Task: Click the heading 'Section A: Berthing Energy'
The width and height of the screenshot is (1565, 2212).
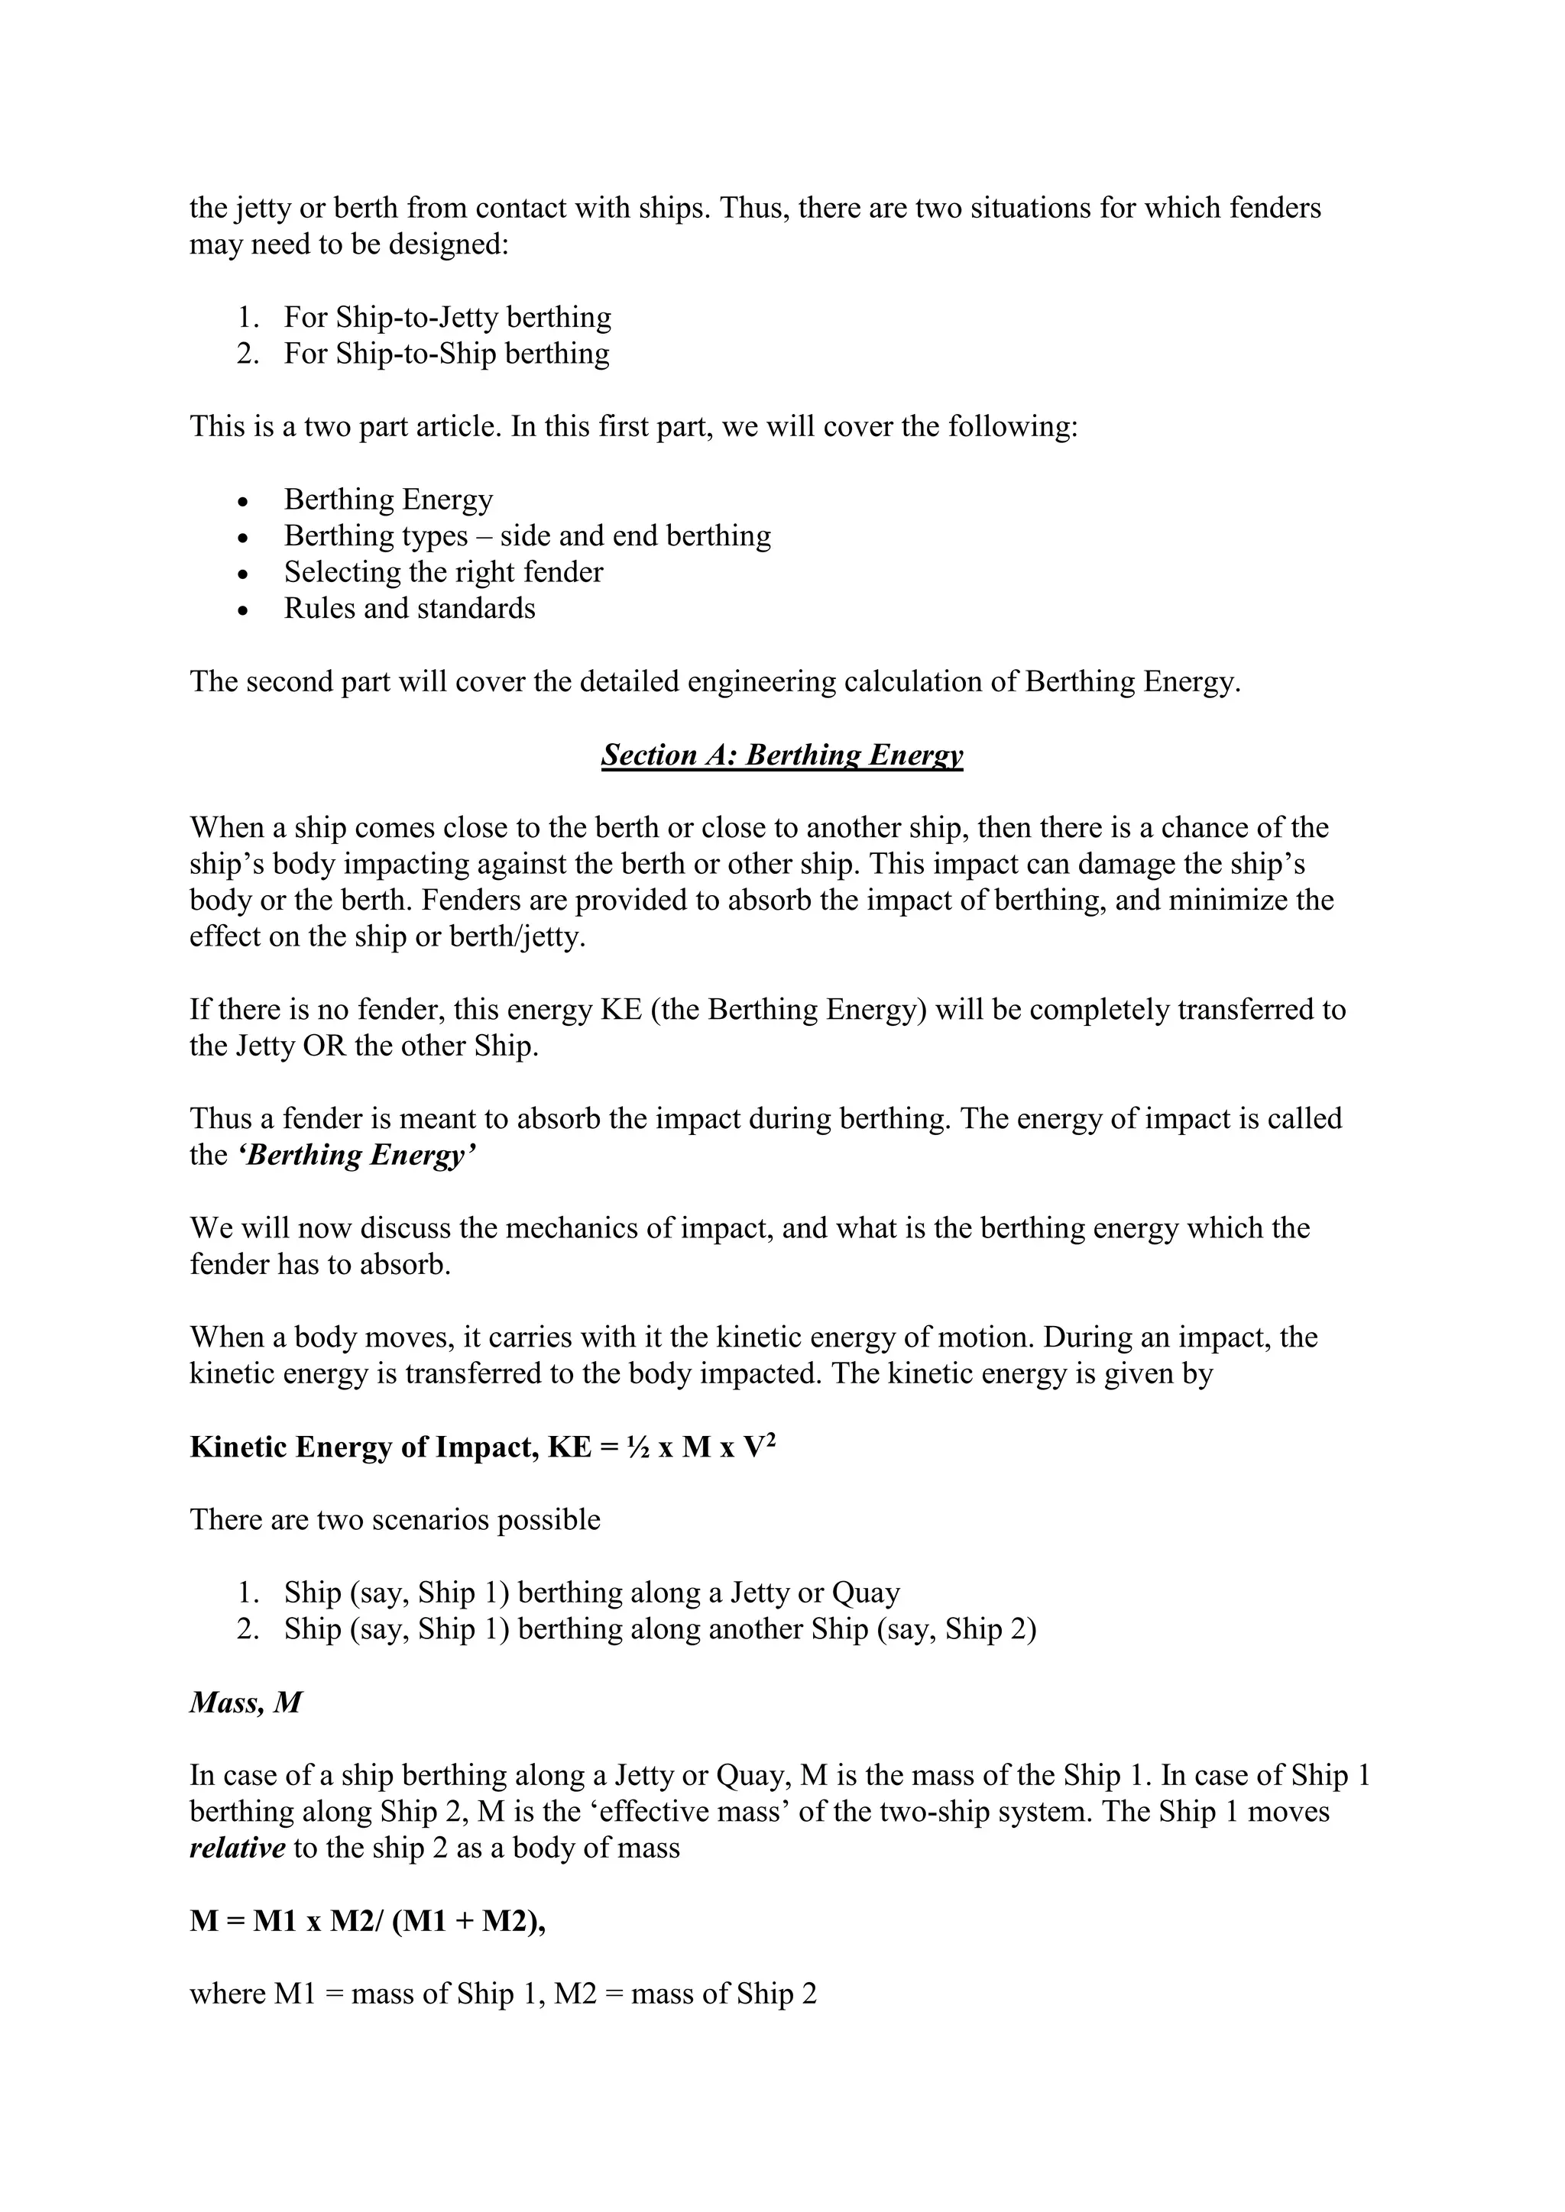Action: click(782, 755)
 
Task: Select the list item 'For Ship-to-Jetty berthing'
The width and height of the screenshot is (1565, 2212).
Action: click(447, 317)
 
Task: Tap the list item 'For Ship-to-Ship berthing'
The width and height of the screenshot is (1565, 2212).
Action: click(446, 354)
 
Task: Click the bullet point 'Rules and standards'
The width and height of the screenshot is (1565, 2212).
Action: click(410, 609)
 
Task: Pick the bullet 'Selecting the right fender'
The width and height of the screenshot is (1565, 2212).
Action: click(443, 572)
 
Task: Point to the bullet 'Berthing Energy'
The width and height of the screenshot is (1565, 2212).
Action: click(388, 499)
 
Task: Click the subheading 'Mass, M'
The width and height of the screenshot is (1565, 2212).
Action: click(246, 1703)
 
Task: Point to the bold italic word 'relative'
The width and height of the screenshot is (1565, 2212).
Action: click(237, 1848)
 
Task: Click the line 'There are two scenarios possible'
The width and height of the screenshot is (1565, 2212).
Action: click(395, 1519)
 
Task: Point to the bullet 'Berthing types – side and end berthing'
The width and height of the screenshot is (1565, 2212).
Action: click(527, 535)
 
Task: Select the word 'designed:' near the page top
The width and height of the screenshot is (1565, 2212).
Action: click(448, 244)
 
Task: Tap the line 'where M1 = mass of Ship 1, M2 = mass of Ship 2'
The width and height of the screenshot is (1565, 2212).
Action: click(503, 1994)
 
